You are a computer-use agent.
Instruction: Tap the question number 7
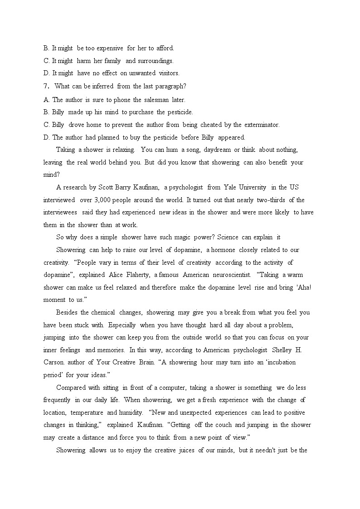coord(46,86)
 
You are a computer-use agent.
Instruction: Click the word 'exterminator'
coord(262,125)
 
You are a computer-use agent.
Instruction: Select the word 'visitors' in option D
coord(168,73)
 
